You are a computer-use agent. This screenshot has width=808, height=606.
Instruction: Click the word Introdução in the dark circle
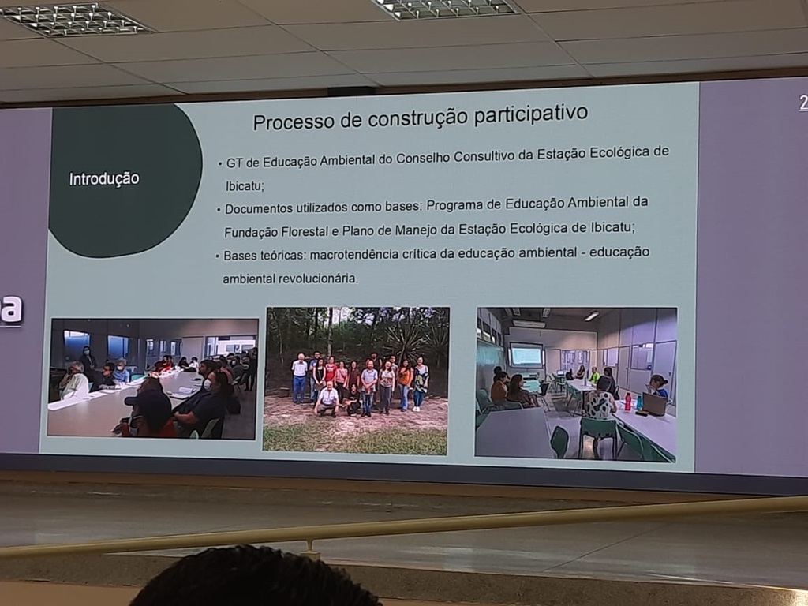coord(104,179)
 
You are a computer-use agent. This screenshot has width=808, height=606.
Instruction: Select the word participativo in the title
coord(531,114)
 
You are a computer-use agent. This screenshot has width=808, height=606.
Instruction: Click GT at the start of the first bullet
coord(234,163)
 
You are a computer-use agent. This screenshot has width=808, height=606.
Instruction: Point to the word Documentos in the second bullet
coord(258,209)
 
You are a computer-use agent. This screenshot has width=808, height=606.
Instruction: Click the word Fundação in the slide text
coord(250,233)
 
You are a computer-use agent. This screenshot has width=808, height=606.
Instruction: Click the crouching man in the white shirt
coord(327,398)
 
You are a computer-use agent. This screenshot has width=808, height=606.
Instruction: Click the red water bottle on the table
coord(627,402)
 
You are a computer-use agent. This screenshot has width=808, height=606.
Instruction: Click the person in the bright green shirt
coord(595,376)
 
